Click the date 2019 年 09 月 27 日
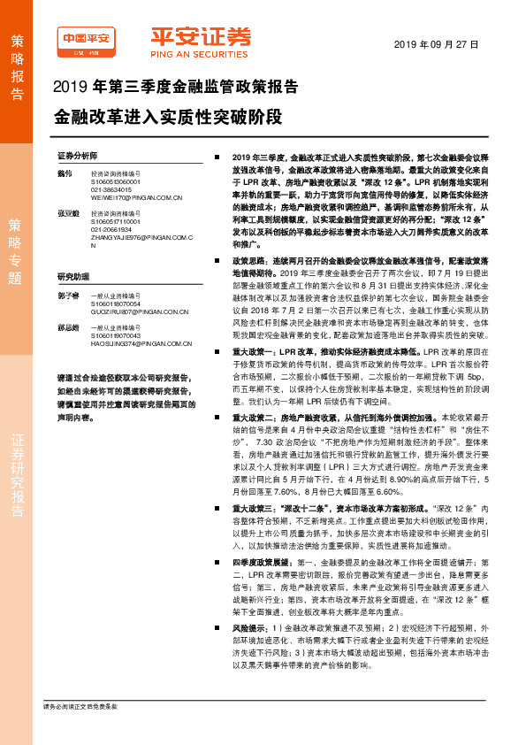click(435, 43)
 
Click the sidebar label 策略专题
click(17, 251)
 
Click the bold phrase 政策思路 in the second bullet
click(248, 262)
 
